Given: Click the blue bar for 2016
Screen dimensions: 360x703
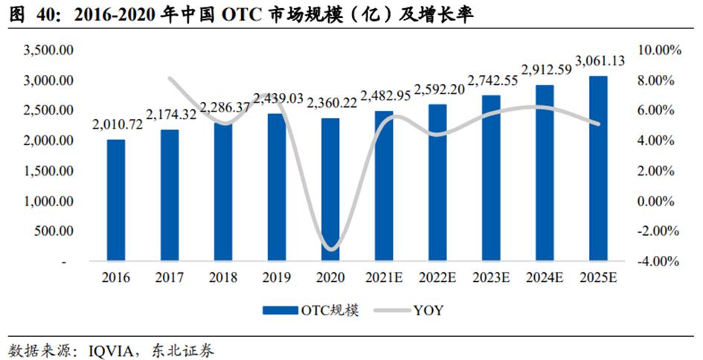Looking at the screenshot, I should (116, 201).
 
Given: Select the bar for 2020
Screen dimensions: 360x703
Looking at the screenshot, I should (330, 190).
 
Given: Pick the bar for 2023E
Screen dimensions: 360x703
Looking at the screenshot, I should (491, 178).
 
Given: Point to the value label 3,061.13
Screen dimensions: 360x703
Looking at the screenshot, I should (599, 61).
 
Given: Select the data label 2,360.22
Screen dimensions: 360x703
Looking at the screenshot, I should (331, 103).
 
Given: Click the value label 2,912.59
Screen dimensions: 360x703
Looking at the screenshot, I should (545, 70).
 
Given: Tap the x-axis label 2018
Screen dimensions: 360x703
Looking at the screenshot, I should (223, 278).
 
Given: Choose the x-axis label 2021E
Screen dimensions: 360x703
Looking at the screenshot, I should (384, 278).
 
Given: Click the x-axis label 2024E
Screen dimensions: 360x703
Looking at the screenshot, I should (545, 278).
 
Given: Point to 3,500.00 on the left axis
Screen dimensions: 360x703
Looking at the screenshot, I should (48, 50).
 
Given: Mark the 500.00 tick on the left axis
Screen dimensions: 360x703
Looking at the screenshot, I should (54, 231).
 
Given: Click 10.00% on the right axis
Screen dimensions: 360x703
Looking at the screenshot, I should (659, 50).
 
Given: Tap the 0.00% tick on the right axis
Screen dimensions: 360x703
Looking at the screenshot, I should (661, 201).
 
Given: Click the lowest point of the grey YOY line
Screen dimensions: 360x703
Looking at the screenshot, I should (331, 248).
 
